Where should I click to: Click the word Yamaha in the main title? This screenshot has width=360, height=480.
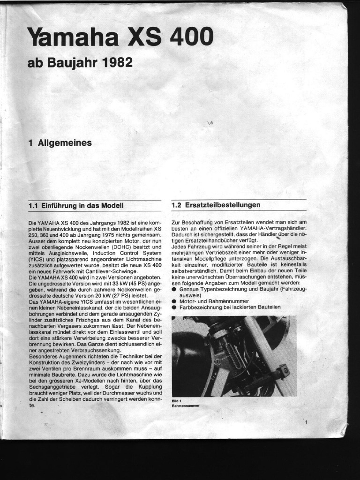[73, 37]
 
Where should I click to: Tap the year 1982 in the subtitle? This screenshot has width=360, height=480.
[117, 62]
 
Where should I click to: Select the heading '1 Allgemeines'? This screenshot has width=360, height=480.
[60, 143]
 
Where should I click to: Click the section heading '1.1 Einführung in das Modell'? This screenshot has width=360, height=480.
[76, 205]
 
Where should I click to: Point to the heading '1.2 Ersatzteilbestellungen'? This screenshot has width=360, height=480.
[216, 205]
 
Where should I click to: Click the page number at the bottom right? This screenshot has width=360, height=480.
[306, 423]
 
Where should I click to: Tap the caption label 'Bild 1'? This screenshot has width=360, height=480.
[177, 401]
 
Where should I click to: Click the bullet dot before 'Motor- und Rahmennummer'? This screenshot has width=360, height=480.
[174, 301]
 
